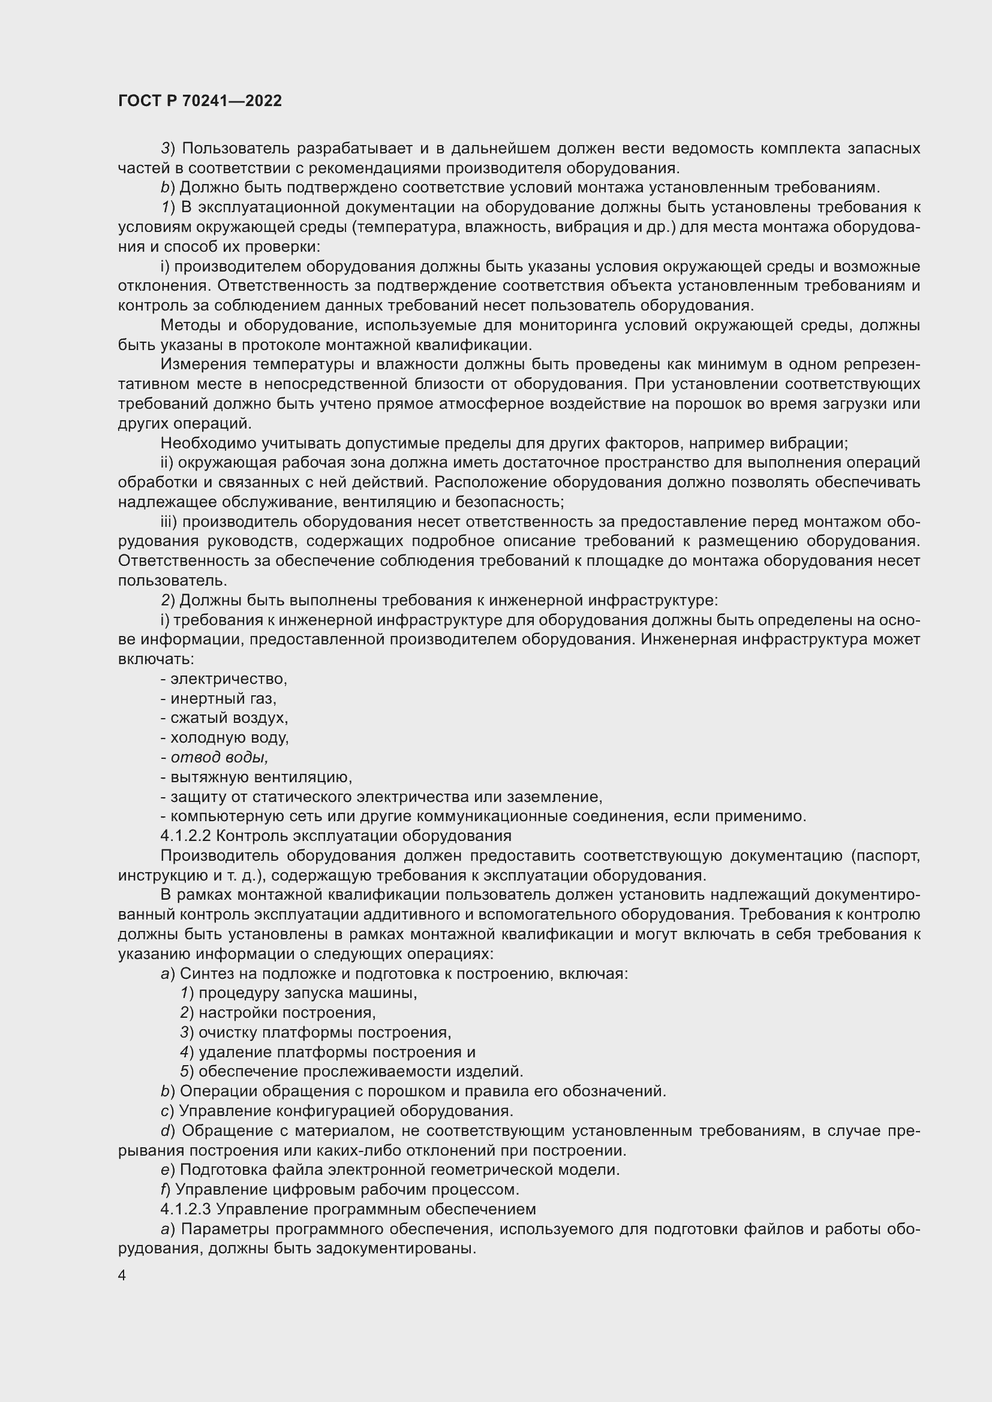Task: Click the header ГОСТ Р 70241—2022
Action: tap(200, 101)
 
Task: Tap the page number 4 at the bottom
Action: tap(122, 1276)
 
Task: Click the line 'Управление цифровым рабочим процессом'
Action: tap(346, 1189)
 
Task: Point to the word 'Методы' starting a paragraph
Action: tap(187, 325)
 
